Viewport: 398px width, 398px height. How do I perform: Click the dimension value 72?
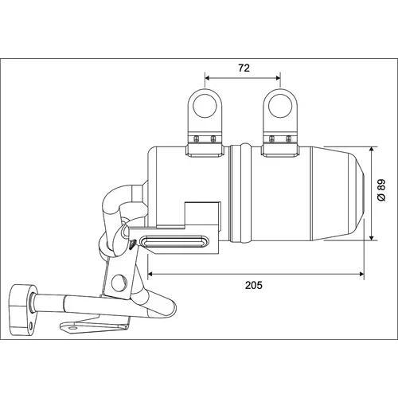(244, 68)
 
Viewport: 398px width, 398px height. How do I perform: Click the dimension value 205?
(254, 285)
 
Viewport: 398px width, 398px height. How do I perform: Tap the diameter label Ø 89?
(381, 190)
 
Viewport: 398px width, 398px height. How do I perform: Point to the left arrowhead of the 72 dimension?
(208, 78)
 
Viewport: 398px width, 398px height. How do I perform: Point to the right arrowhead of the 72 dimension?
(278, 78)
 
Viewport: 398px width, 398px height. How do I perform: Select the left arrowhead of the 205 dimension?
(150, 274)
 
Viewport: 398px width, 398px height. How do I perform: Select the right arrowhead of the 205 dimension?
(361, 274)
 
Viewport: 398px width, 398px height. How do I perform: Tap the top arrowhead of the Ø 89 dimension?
(372, 150)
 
